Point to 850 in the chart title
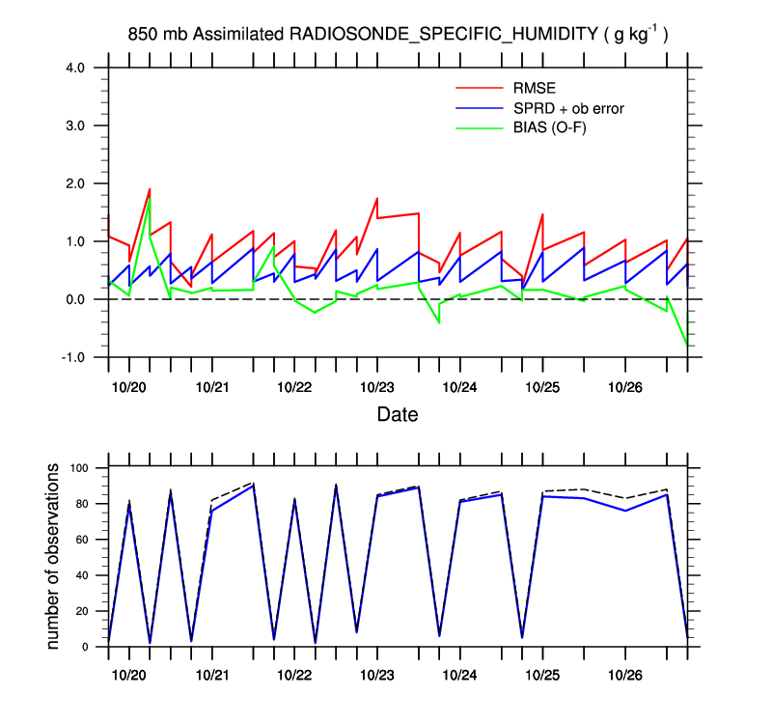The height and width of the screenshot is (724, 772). pos(143,35)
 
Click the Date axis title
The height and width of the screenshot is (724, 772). pos(397,415)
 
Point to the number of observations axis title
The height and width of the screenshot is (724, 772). pos(54,557)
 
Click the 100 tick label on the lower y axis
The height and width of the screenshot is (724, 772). pos(78,468)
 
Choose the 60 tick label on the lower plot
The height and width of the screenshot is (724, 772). pos(81,540)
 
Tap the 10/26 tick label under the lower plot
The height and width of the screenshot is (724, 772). pos(624,674)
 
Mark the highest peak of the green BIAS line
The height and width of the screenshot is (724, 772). pos(150,198)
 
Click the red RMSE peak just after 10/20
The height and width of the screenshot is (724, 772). pos(150,189)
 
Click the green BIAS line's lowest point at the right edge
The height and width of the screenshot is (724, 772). pos(686,345)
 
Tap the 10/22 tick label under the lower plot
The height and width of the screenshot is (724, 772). pos(294,674)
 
